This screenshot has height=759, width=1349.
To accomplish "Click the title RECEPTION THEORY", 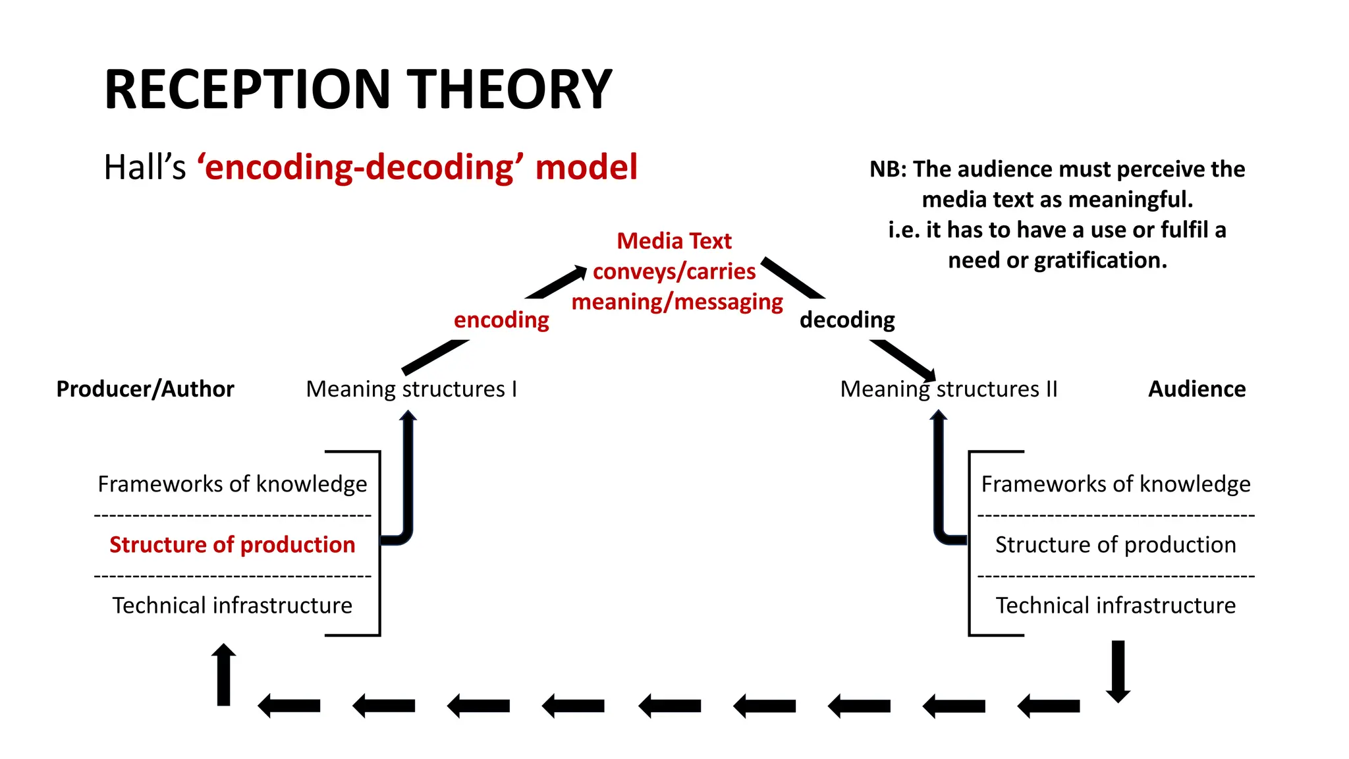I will point(358,90).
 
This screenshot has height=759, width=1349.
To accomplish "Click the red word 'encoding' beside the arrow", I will point(501,320).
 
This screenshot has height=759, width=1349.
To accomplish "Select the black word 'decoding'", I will point(847,320).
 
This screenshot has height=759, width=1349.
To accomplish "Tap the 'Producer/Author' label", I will point(145,389).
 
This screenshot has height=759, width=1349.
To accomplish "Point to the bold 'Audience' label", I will point(1197,389).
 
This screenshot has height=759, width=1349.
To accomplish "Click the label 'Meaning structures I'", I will point(412,389).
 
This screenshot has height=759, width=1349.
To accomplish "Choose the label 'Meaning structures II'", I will point(949,389).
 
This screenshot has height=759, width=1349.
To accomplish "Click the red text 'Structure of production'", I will point(233,545).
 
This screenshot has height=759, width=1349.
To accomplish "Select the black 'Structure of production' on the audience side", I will point(1115,545).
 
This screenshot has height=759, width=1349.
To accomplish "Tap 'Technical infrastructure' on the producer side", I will point(233,605).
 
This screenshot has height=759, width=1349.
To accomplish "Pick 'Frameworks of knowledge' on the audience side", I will point(1115,484).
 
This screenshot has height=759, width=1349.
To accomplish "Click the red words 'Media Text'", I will point(674,241).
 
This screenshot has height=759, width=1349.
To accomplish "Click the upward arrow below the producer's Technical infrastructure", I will point(224,675).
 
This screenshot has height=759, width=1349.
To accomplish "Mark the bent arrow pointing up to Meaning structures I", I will point(407,481).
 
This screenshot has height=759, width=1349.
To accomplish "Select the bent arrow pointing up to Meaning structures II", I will point(939,481).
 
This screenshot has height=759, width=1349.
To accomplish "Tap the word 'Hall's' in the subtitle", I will point(145,167).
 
